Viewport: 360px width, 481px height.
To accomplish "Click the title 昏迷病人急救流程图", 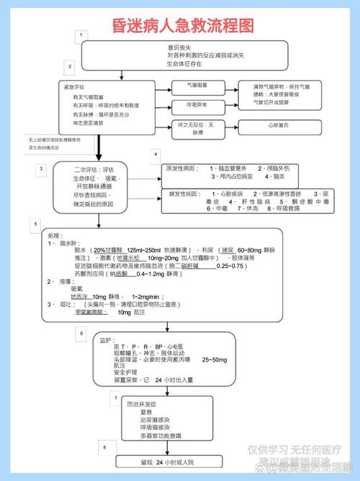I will (x=184, y=27).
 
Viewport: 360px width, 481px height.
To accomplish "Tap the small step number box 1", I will (x=84, y=35).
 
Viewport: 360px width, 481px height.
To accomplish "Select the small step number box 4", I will (x=155, y=156).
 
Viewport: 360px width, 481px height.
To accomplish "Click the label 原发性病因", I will (x=181, y=168).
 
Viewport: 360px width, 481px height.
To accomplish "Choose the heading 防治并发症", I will (x=143, y=404).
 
